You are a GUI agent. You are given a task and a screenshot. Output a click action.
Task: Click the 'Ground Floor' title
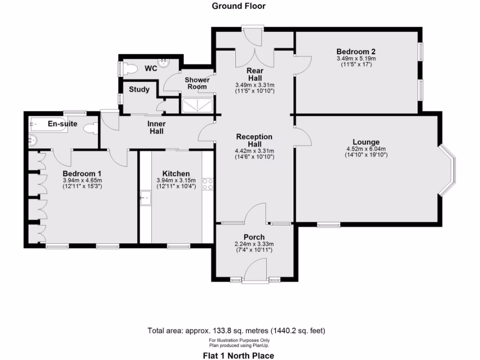238,6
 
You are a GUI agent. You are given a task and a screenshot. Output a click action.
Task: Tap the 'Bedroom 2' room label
356,52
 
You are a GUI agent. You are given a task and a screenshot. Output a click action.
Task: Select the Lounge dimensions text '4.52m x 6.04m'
366,150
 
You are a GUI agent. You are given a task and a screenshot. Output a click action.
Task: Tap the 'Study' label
139,90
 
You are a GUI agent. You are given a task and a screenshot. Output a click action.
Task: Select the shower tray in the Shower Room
197,105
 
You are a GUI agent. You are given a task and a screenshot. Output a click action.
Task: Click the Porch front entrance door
256,272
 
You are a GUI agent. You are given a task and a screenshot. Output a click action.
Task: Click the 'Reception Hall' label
254,140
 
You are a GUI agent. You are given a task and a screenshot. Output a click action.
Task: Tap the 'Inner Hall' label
157,128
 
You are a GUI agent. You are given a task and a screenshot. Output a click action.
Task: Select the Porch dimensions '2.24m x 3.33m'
254,244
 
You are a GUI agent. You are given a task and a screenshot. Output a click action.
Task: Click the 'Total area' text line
236,330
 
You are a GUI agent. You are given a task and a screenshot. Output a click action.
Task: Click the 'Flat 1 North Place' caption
238,356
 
